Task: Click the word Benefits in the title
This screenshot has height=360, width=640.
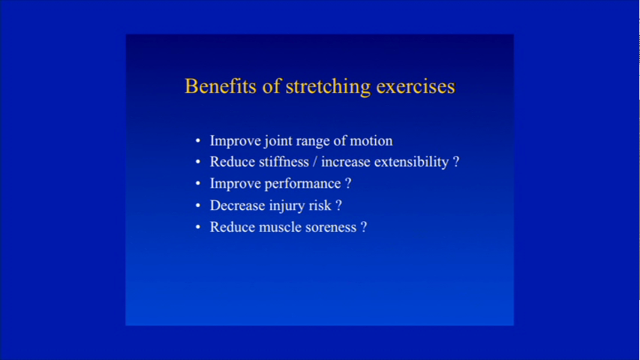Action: pyautogui.click(x=221, y=86)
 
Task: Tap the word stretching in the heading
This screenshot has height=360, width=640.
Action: pyautogui.click(x=328, y=87)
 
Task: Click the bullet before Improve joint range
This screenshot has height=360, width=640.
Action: pyautogui.click(x=198, y=141)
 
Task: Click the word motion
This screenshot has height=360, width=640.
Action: pyautogui.click(x=371, y=141)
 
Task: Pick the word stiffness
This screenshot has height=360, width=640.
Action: pyautogui.click(x=284, y=162)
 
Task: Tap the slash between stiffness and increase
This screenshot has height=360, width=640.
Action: pyautogui.click(x=314, y=162)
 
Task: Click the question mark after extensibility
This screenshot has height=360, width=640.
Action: pyautogui.click(x=456, y=162)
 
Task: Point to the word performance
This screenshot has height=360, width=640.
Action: pyautogui.click(x=302, y=184)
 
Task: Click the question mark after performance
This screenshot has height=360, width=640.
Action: pyautogui.click(x=348, y=183)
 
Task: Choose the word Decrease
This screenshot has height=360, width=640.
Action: pyautogui.click(x=237, y=205)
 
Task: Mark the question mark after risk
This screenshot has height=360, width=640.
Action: pyautogui.click(x=338, y=205)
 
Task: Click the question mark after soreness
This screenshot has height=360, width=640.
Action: pyautogui.click(x=364, y=227)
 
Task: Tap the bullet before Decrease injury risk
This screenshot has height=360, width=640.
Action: pyautogui.click(x=198, y=205)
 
